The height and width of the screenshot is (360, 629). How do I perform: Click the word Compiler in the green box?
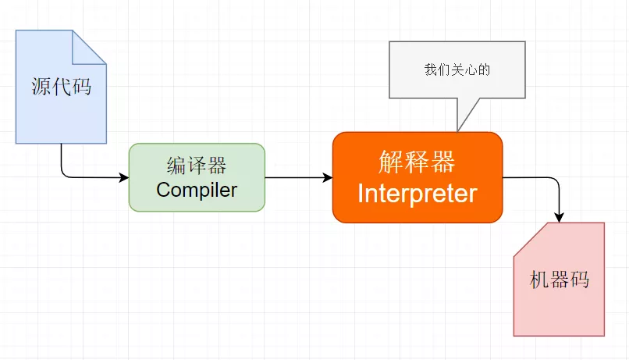(197, 190)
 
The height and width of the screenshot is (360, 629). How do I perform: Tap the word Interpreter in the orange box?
(417, 193)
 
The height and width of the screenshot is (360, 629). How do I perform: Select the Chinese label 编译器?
(197, 166)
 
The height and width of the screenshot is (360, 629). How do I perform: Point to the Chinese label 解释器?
(417, 162)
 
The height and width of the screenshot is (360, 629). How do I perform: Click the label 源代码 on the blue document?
(61, 86)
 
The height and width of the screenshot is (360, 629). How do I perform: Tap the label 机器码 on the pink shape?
(559, 280)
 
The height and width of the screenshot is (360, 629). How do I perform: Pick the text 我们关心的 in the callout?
(457, 70)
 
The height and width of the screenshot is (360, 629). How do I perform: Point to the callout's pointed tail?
(460, 125)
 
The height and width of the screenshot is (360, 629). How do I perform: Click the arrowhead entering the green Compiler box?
(123, 178)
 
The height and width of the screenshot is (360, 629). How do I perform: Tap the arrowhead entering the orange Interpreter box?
(328, 178)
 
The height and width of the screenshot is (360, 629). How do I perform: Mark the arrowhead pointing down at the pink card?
(560, 217)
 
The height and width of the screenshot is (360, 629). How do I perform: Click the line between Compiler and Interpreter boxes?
(297, 178)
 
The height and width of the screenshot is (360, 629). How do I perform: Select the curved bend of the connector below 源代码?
(64, 174)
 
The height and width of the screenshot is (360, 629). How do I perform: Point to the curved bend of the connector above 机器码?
(556, 182)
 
